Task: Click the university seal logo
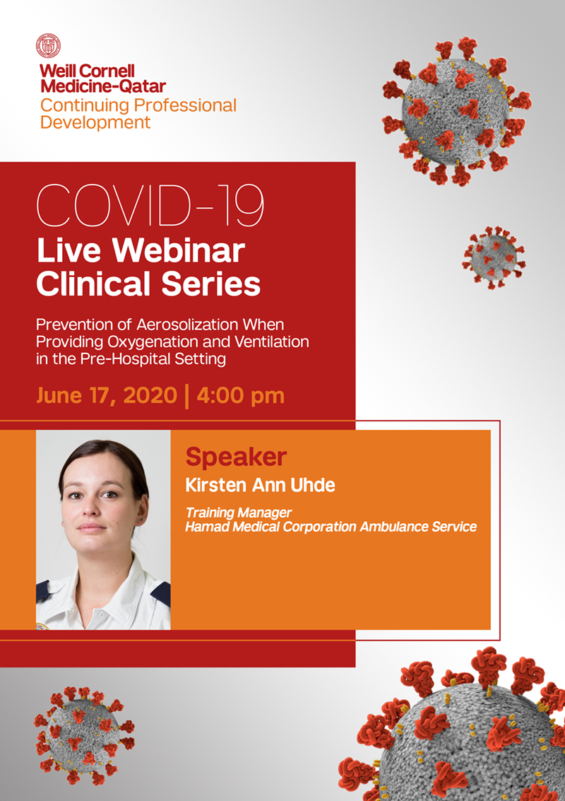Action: click(x=49, y=46)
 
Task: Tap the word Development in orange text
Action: click(x=95, y=122)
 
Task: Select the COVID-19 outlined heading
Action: click(x=150, y=204)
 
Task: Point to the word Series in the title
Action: click(x=213, y=283)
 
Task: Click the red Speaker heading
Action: click(x=236, y=457)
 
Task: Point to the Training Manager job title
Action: click(x=238, y=513)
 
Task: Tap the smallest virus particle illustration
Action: click(x=494, y=258)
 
